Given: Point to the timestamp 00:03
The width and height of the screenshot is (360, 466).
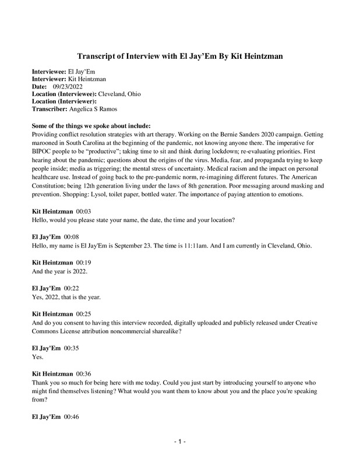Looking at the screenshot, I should pyautogui.click(x=85, y=211).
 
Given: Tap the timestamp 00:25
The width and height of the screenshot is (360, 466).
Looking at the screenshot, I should pyautogui.click(x=85, y=315).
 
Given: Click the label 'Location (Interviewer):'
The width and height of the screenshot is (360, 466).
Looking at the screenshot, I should pyautogui.click(x=63, y=101).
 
